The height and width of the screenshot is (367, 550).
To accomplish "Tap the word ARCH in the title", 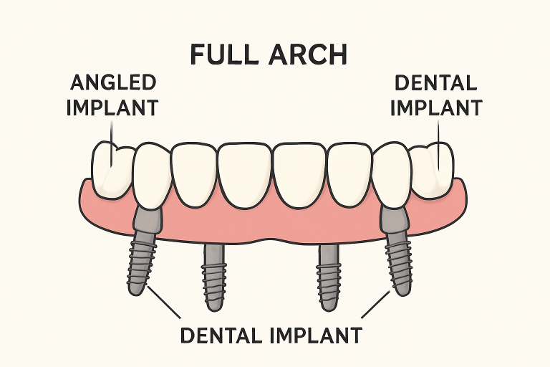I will coord(312,54).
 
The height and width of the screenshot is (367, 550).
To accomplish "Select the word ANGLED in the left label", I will coord(113,84).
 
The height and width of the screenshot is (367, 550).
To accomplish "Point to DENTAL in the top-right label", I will coord(435,84).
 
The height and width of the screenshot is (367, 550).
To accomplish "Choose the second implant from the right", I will coord(329,276).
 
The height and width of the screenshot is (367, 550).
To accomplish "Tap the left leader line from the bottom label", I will coord(165,305).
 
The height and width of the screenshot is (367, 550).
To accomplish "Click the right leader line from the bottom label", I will coord(375,305).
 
